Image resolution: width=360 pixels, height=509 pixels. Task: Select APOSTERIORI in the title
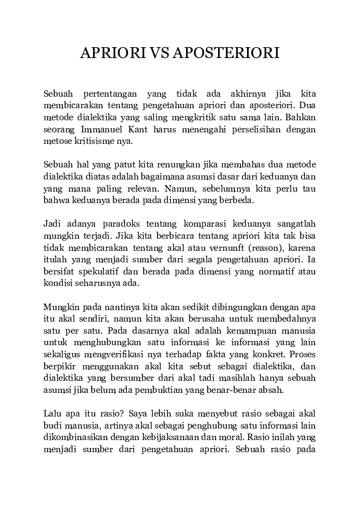[x=227, y=53]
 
